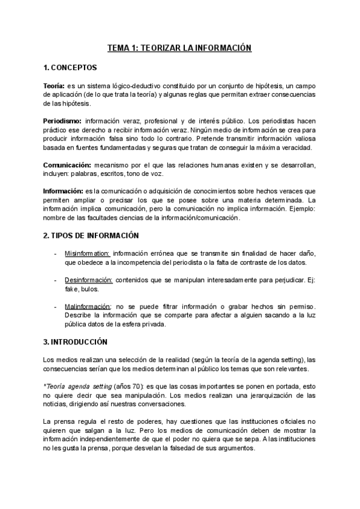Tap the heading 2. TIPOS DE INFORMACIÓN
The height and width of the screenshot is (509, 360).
[x=91, y=235]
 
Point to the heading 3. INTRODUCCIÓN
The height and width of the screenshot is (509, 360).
[x=76, y=342]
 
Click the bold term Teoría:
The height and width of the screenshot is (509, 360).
[x=54, y=86]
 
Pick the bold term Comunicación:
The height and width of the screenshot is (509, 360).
[x=67, y=164]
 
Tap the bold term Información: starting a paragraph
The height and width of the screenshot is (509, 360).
[x=64, y=191]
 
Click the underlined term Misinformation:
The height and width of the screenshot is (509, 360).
[x=87, y=253]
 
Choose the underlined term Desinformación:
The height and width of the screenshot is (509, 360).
[x=88, y=280]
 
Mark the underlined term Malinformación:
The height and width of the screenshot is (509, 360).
[x=88, y=307]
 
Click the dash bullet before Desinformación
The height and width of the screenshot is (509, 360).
[x=56, y=280]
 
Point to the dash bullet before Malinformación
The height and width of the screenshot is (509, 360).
[x=56, y=307]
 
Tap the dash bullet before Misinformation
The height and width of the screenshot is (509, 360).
[x=56, y=253]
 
